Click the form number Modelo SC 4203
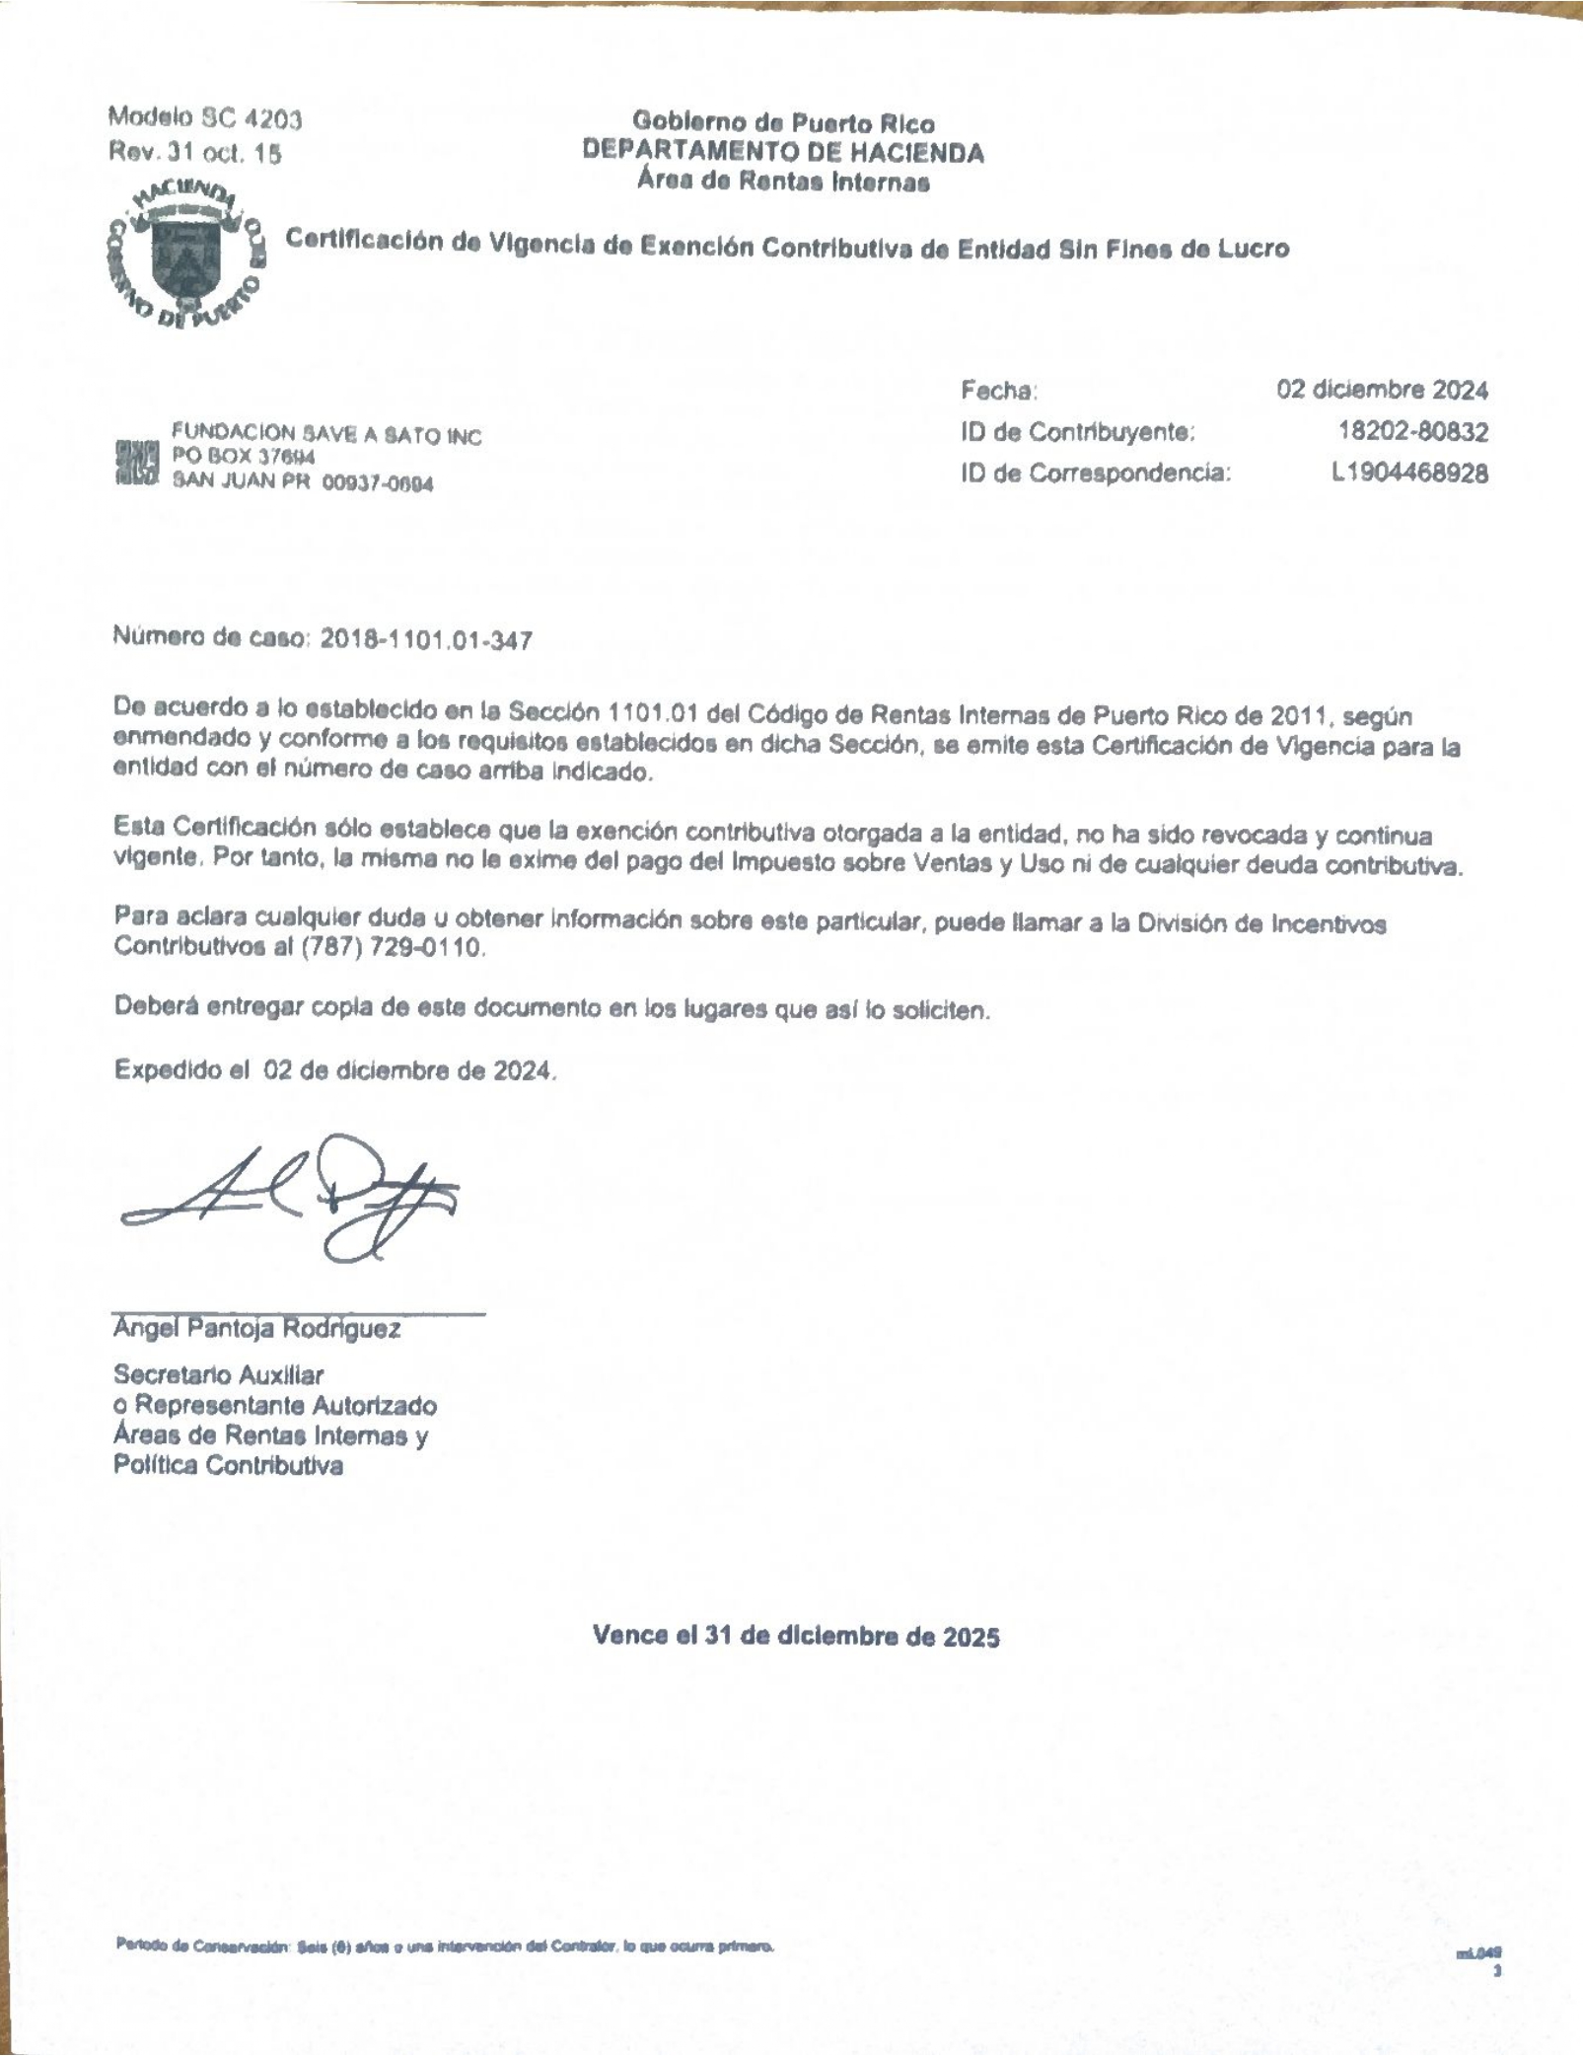coord(205,119)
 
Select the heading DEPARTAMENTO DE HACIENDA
coord(783,152)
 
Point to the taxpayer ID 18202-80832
coord(1412,431)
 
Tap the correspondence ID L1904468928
coord(1408,474)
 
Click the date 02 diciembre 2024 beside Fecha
coord(1382,390)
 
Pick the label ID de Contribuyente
coord(1077,432)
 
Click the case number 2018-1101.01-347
coord(426,640)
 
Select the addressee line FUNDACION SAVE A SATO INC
coord(326,434)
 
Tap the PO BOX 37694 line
coord(243,457)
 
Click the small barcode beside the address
coord(136,463)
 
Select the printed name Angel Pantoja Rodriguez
coord(256,1329)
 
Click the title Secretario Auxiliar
coord(218,1374)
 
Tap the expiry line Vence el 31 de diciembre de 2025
coord(796,1637)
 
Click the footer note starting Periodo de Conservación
coord(445,1946)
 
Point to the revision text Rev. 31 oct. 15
coord(194,153)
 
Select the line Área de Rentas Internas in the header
coord(783,182)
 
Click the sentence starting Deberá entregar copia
coord(552,1008)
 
